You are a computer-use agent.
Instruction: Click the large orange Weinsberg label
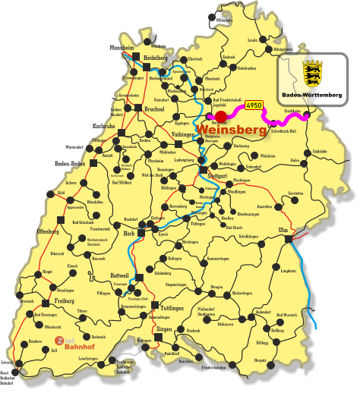[x=232, y=130]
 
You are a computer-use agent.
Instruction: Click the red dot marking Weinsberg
[x=221, y=117]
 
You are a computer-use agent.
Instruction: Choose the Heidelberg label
[x=155, y=57]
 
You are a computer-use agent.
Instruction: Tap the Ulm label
[x=283, y=229]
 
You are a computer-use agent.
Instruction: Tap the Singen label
[x=164, y=329]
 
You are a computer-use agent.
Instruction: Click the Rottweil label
[x=120, y=275]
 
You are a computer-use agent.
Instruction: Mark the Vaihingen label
[x=183, y=134]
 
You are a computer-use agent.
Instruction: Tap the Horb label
[x=129, y=234]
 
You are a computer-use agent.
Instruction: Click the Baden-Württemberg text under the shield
[x=311, y=96]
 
